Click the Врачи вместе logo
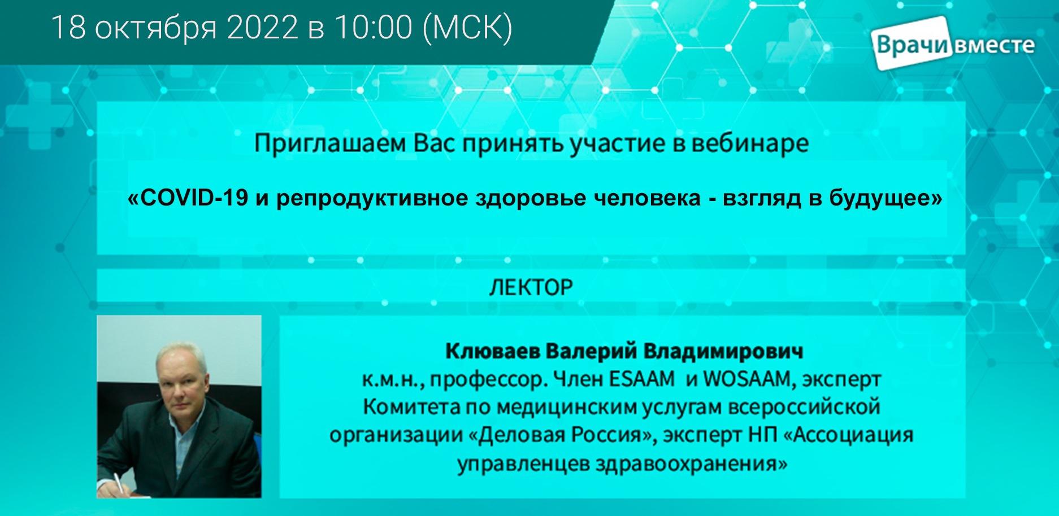(954, 45)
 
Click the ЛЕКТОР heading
(531, 287)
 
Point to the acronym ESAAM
(642, 379)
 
